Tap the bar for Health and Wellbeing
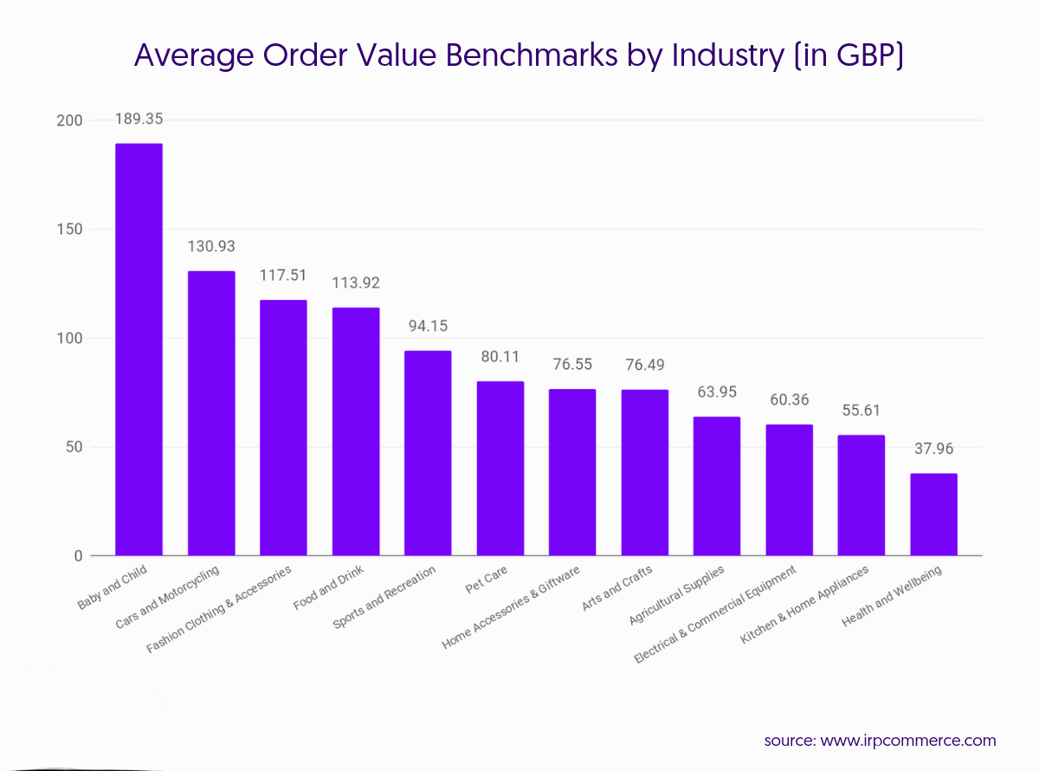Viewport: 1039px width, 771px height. (x=933, y=515)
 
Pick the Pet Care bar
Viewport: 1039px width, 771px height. (x=500, y=468)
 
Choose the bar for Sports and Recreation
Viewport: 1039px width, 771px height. (x=428, y=453)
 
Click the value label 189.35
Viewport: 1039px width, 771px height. (x=139, y=120)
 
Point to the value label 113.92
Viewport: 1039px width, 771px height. (x=356, y=283)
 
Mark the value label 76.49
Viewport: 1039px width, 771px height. (x=644, y=365)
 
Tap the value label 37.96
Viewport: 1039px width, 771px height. (x=933, y=450)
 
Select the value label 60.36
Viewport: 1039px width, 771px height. (x=789, y=400)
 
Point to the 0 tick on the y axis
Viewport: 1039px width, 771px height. (x=77, y=556)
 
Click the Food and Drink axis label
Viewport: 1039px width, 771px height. (x=330, y=588)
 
